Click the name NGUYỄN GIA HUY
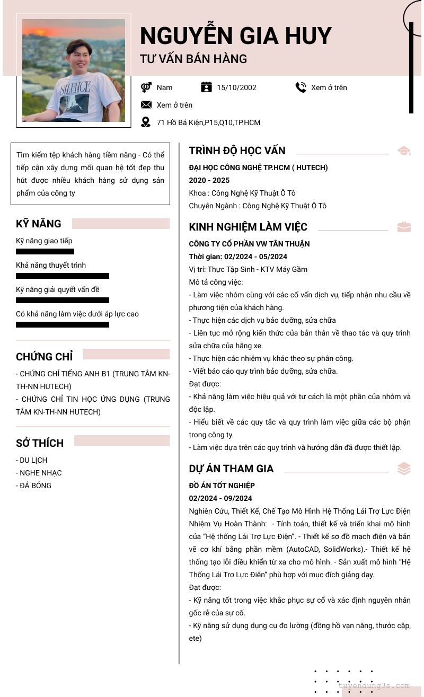point(235,36)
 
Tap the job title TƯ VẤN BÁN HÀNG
point(193,59)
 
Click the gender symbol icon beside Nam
point(146,87)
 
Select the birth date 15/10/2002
point(236,87)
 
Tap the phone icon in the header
point(301,87)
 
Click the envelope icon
point(146,105)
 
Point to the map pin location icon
point(146,122)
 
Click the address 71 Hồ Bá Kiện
point(208,122)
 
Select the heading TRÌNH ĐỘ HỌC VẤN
point(237,151)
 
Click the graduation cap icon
point(404,151)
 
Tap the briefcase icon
point(404,227)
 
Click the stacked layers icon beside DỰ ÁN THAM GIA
point(404,469)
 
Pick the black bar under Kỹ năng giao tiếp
point(45,251)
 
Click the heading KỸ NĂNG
point(39,224)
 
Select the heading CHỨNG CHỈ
point(45,357)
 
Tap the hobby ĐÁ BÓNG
point(34,486)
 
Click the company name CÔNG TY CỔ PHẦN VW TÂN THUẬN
point(249,244)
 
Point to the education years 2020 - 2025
point(209,180)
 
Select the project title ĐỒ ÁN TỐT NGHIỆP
point(222,486)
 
